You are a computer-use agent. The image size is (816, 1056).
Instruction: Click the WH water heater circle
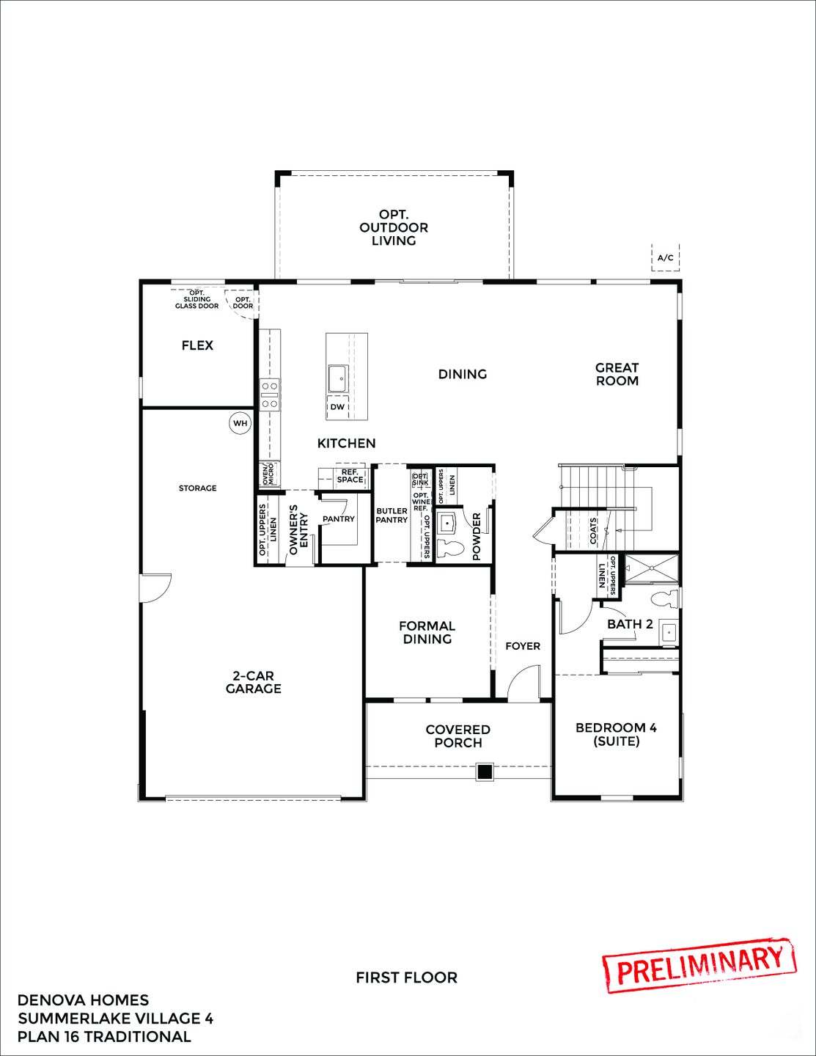(240, 423)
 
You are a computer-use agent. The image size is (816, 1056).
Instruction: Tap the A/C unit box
(665, 258)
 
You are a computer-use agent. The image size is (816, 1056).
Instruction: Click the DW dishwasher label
(337, 407)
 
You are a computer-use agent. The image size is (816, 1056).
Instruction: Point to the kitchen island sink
(338, 378)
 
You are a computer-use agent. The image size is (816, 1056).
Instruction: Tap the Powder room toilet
(448, 548)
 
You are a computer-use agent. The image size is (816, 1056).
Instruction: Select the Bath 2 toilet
(666, 598)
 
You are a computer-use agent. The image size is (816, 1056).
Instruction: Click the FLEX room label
(197, 345)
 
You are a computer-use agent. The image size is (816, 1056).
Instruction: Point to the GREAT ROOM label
(617, 374)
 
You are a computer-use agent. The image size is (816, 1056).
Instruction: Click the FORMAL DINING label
(427, 632)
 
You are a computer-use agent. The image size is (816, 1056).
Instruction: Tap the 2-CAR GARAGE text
(253, 682)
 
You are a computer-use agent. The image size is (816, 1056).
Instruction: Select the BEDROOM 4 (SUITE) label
(616, 734)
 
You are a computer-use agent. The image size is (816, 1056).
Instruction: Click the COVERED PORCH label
(457, 736)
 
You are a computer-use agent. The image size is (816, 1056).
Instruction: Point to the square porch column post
(484, 771)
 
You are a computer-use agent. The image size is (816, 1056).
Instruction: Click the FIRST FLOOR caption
(406, 978)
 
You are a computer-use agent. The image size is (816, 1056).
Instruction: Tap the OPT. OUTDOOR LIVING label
(394, 227)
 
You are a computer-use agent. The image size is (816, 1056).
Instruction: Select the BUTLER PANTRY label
(392, 516)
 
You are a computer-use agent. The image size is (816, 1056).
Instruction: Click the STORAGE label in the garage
(197, 488)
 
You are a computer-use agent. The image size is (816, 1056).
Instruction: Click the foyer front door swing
(525, 683)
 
